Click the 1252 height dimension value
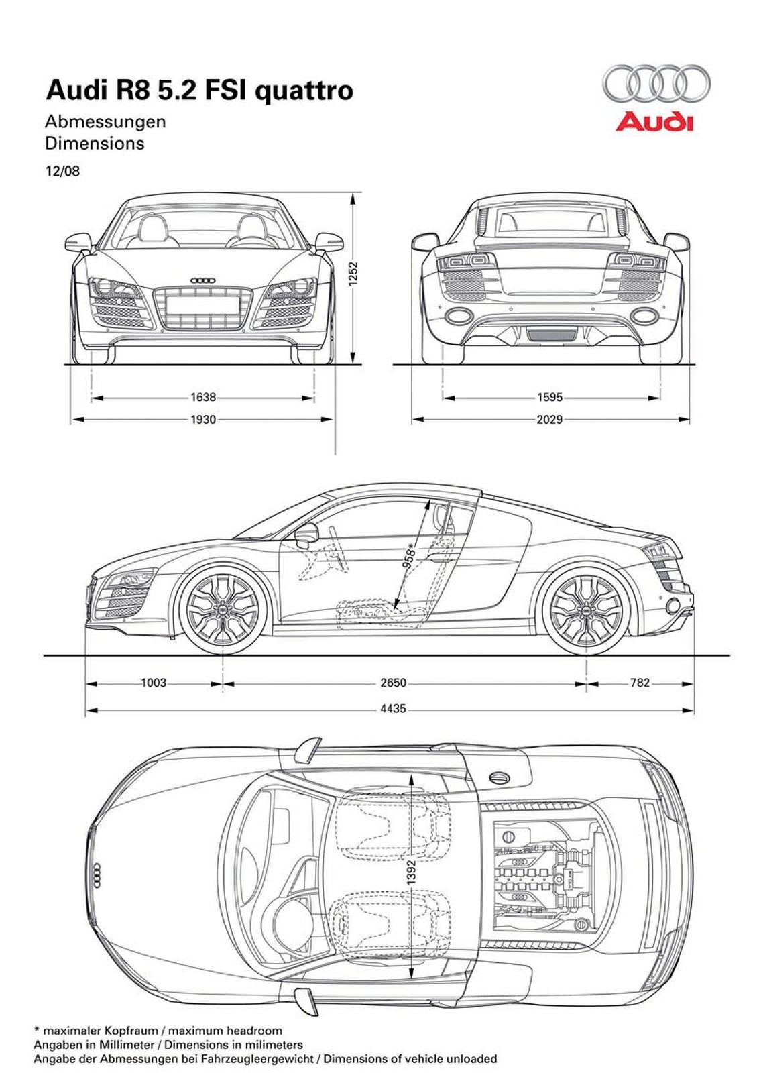[x=353, y=274]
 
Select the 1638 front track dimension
[x=203, y=397]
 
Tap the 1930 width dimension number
[x=203, y=419]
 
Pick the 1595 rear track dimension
[x=550, y=397]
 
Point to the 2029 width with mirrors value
[x=550, y=419]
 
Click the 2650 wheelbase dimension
[x=394, y=683]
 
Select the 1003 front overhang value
[x=154, y=683]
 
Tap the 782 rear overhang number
[x=640, y=683]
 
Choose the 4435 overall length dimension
[x=394, y=708]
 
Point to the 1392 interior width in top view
[x=412, y=872]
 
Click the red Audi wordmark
[x=654, y=122]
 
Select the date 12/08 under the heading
[x=62, y=171]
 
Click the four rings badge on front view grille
[x=202, y=280]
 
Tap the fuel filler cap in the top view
[x=499, y=777]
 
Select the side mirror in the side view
[x=307, y=534]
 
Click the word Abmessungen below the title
[x=105, y=122]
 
